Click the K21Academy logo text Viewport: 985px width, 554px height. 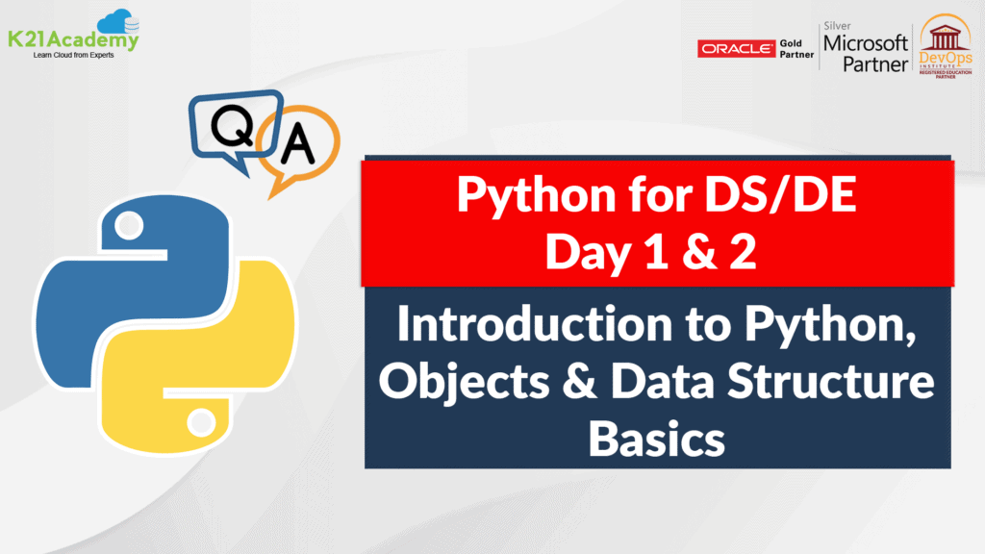[x=75, y=40]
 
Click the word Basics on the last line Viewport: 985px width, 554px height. [x=656, y=439]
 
